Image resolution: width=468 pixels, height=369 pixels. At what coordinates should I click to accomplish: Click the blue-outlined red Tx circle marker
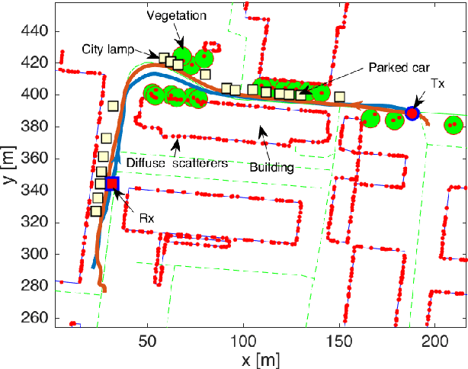(412, 114)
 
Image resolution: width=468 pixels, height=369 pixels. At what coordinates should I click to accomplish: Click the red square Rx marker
(112, 184)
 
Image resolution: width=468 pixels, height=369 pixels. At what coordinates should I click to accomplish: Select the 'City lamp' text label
(108, 49)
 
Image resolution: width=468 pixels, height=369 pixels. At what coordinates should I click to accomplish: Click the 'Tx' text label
(438, 82)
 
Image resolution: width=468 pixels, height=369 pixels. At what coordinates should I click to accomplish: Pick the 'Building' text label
(271, 167)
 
